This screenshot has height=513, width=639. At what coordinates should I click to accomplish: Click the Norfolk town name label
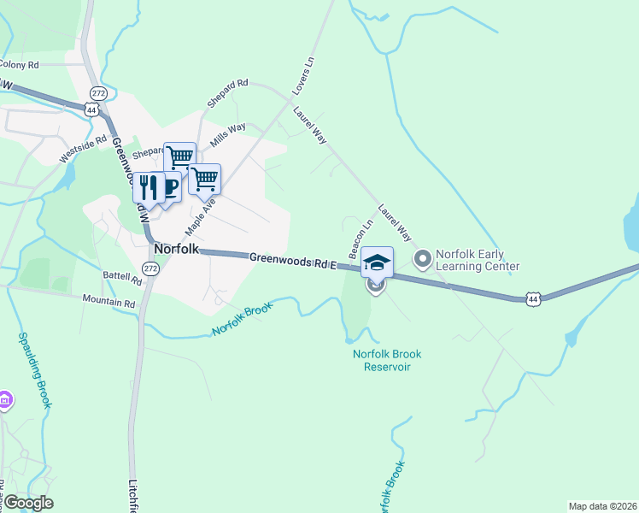177,249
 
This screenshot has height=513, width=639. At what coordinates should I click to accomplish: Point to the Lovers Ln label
303,74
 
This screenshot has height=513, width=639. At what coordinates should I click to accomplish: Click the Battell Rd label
121,277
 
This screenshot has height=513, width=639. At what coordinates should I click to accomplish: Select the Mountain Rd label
109,301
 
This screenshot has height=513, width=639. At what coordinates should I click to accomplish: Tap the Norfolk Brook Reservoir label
387,360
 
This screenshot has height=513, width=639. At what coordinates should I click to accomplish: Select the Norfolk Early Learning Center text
477,260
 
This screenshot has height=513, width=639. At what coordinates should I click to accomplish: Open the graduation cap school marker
377,262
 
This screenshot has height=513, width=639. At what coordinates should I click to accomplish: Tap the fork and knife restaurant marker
149,186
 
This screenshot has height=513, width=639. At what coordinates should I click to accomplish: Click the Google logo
27,503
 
